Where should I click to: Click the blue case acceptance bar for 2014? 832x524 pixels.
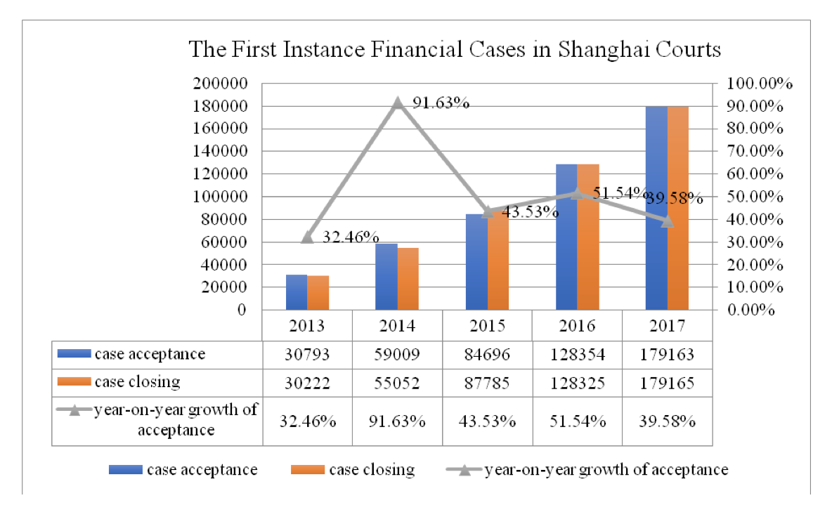[386, 277]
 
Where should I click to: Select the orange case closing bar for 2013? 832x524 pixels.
[318, 293]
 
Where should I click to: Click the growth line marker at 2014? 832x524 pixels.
[398, 103]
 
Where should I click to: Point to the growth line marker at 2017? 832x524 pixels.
[668, 221]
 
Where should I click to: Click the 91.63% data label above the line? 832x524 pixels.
[441, 103]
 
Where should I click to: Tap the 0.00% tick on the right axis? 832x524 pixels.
[751, 310]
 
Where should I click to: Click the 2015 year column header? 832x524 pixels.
[487, 327]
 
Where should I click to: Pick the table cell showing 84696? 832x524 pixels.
[487, 354]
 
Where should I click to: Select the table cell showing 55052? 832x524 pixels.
[397, 382]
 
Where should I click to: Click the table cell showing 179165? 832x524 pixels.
[667, 382]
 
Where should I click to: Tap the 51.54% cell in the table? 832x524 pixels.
[577, 421]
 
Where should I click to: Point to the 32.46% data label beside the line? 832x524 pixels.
[351, 237]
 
